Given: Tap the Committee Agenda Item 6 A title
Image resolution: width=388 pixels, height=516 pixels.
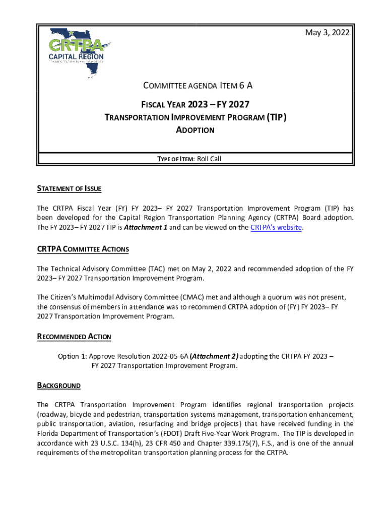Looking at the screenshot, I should coord(195,85).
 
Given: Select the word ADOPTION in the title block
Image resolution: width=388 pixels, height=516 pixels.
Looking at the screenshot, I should coord(195,130).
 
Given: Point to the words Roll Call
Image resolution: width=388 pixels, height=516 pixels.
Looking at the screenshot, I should coord(209,159).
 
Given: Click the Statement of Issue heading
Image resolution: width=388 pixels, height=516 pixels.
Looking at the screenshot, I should coord(69,189).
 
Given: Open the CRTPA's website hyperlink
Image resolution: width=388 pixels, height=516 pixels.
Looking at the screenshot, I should coord(276,227).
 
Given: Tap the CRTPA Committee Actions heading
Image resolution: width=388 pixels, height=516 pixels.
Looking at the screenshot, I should coord(83,249).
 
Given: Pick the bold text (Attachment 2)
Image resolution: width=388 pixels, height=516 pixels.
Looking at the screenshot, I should coord(214,356).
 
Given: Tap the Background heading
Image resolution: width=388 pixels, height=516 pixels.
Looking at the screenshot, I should coord(58,385).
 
